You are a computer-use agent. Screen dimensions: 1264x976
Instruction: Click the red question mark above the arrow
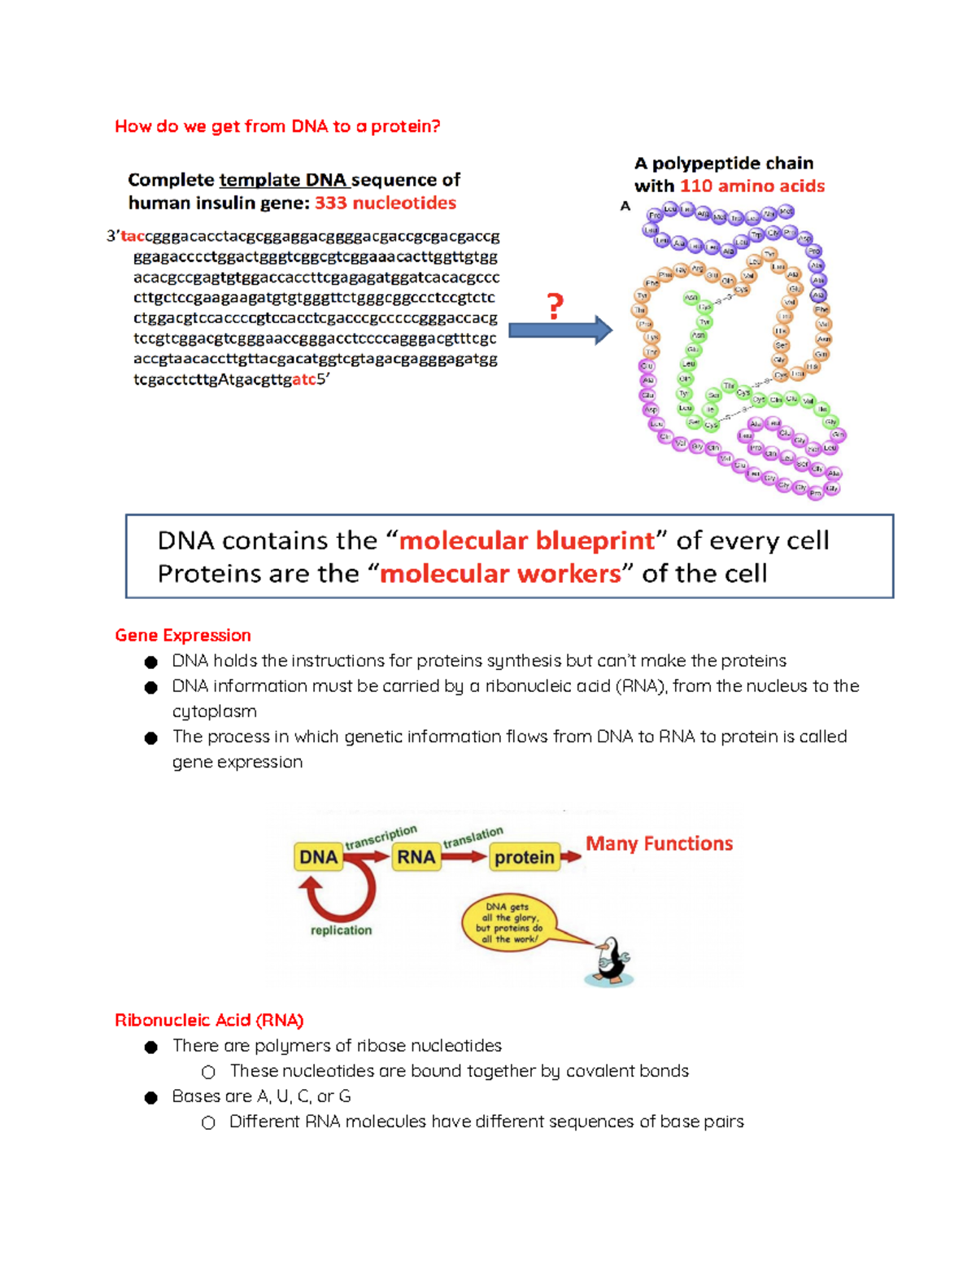[555, 307]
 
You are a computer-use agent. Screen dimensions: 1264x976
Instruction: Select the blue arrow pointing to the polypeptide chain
[560, 330]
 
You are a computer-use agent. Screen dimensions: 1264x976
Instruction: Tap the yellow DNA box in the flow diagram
[318, 857]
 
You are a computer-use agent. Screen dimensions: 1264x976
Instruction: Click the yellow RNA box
[416, 857]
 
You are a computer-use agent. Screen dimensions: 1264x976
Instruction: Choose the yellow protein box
[525, 857]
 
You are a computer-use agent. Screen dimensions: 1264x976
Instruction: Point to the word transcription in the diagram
[381, 837]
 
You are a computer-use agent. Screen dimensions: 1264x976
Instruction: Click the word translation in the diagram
[473, 837]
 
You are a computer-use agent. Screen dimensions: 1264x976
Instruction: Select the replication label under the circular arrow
[341, 930]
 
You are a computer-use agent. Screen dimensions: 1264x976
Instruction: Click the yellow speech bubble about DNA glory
[508, 922]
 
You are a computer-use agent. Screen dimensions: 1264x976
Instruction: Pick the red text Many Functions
[659, 844]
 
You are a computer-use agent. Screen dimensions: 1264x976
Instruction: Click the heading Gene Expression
[183, 635]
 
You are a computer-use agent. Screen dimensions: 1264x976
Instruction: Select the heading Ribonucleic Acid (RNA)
[209, 1020]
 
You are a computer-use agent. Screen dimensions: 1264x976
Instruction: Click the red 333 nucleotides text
[386, 203]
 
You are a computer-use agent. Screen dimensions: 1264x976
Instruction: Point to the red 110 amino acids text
[752, 186]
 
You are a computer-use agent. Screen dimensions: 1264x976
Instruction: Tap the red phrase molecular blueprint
[527, 540]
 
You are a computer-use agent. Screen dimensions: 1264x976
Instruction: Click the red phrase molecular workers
[500, 574]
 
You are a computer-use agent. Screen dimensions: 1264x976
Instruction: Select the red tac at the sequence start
[133, 236]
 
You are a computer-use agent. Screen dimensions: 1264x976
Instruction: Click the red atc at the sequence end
[303, 379]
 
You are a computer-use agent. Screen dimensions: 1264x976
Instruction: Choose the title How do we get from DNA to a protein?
[277, 126]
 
